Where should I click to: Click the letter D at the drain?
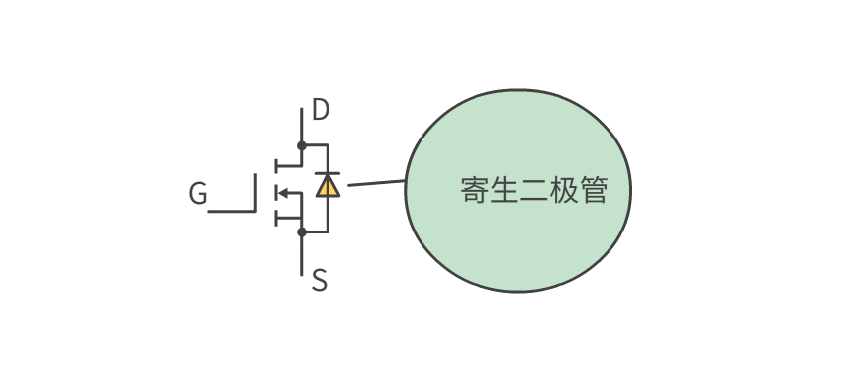321,110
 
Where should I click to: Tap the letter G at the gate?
198,194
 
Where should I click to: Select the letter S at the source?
319,281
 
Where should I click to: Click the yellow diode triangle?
328,186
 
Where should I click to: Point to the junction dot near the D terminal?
302,145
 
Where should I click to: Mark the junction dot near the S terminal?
302,231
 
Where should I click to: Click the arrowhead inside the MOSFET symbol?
283,193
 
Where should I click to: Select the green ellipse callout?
517,237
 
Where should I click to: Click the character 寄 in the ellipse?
475,190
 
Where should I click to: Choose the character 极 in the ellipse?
564,190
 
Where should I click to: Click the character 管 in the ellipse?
594,190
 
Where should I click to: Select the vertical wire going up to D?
302,124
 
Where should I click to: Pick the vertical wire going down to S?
302,253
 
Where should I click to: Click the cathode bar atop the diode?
328,173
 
